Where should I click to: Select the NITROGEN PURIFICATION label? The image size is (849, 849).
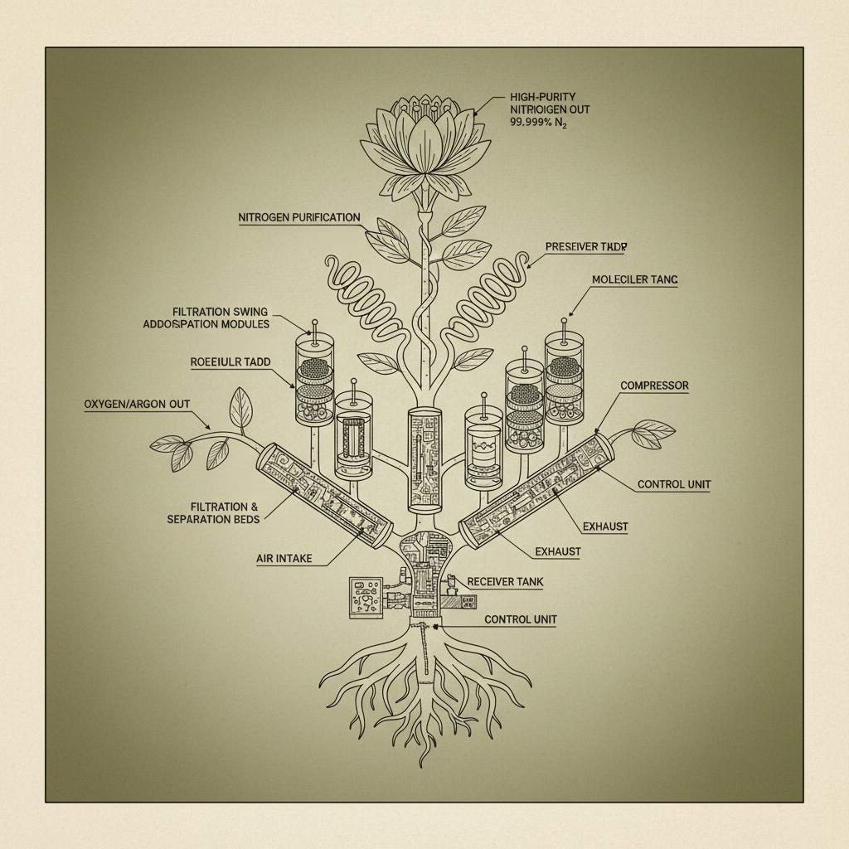point(299,218)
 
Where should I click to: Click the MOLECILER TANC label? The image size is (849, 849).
point(634,280)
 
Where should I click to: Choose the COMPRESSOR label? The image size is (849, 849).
point(654,386)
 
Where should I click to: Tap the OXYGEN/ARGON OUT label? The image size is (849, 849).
point(137,405)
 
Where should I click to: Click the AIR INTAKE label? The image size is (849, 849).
point(284,559)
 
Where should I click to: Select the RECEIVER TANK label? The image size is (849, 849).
point(506,582)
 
